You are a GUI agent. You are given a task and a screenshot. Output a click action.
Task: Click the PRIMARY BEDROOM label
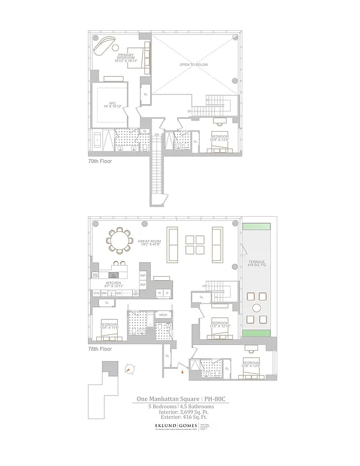(126, 57)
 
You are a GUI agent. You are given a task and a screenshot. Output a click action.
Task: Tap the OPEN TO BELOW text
(194, 65)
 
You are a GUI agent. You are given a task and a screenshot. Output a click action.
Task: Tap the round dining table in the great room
(119, 240)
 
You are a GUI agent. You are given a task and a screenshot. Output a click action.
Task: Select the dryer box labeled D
(168, 293)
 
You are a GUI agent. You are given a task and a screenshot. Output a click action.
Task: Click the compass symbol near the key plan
(129, 369)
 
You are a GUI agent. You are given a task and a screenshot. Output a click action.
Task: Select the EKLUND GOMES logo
(168, 426)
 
